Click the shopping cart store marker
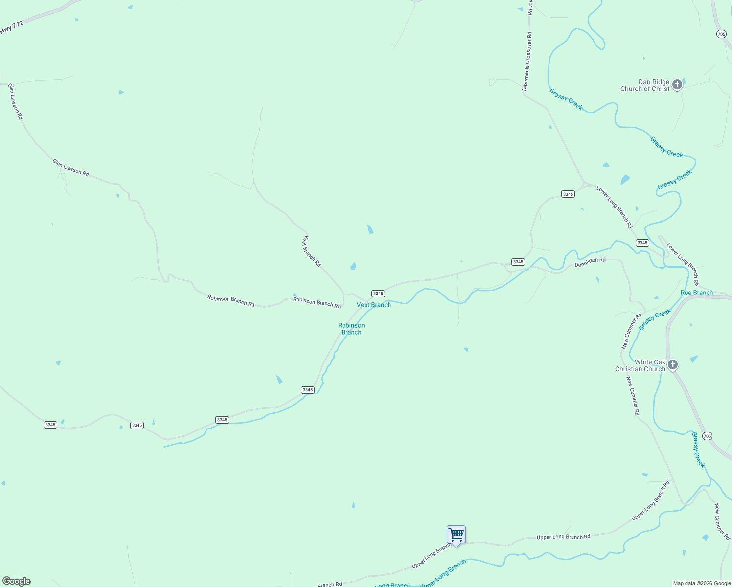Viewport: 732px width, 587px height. coord(456,535)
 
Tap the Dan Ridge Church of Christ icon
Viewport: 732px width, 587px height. coord(677,85)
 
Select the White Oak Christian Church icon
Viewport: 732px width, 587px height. coord(673,365)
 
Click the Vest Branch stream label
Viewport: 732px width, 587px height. coord(374,305)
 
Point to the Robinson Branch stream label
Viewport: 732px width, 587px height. coord(351,329)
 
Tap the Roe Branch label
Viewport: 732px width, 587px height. coord(697,293)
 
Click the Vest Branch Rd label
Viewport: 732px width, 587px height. coord(311,251)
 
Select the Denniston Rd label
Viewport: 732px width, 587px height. coord(590,262)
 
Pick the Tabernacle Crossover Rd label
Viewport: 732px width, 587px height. coord(527,62)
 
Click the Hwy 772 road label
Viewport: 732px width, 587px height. coord(12,27)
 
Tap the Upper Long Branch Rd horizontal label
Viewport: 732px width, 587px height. coord(563,537)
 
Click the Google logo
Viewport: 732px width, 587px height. coord(17,581)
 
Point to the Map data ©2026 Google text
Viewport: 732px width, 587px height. coord(702,583)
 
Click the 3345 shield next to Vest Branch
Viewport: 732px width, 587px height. coord(378,293)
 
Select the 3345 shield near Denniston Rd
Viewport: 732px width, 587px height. coord(518,262)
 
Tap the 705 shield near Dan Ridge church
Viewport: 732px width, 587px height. coord(721,34)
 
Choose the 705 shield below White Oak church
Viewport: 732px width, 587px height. coord(707,436)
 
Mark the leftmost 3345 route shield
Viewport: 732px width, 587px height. coord(50,425)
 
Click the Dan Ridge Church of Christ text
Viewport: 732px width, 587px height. coord(645,86)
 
